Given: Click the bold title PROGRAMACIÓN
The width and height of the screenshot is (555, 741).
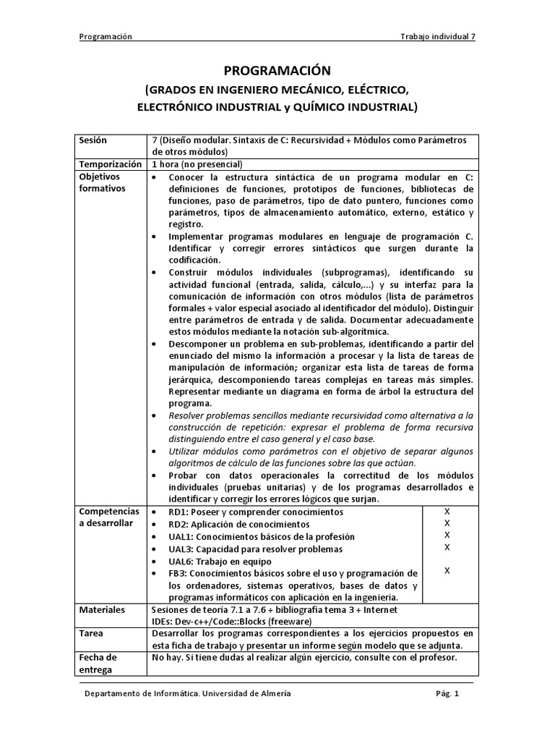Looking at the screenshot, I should (x=277, y=71).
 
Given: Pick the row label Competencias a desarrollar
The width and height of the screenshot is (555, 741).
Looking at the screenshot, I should (x=109, y=517).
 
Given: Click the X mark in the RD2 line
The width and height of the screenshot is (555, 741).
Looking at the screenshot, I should (x=447, y=523).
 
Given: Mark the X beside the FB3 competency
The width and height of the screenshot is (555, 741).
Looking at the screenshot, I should (x=447, y=571).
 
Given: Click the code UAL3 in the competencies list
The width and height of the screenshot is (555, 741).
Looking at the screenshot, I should (x=181, y=549).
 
